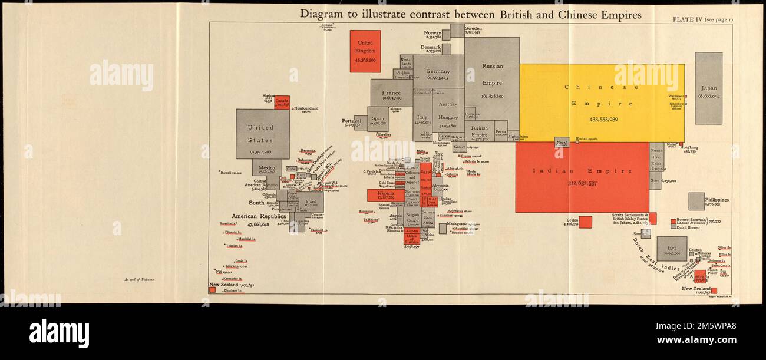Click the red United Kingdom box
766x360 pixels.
tap(365, 51)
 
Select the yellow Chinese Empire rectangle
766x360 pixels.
tap(601, 103)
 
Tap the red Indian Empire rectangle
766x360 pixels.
tap(582, 177)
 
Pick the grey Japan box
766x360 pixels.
tap(708, 88)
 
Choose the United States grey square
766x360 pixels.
tap(262, 134)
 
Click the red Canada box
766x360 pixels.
tap(282, 103)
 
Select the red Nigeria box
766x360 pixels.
tap(385, 195)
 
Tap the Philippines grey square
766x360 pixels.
tap(696, 202)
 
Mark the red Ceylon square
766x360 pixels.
tap(585, 222)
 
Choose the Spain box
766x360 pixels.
tap(378, 120)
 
